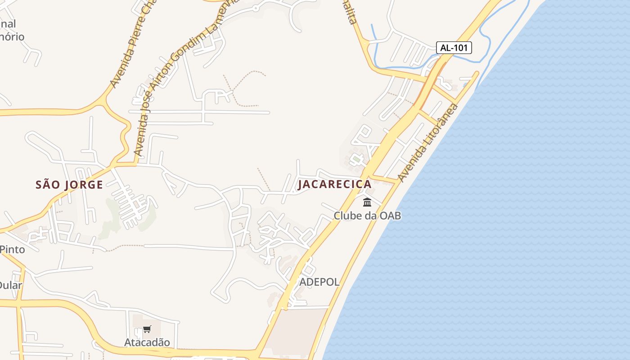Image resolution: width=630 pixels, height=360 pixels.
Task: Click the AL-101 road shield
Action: (454, 48)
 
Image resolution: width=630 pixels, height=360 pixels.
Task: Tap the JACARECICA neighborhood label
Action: (335, 184)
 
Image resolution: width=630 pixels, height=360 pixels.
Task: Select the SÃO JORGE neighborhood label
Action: (69, 184)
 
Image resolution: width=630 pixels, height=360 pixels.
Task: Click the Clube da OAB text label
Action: (367, 216)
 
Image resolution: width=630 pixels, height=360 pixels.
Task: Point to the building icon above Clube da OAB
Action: (367, 202)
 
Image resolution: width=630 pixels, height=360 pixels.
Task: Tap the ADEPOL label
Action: (319, 282)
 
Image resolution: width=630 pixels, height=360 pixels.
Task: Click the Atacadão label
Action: (147, 342)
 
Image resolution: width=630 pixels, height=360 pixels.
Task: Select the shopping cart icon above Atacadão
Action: (147, 329)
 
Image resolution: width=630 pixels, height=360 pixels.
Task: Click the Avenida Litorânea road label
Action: (427, 143)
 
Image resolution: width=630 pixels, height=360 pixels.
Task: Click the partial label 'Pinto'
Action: (12, 249)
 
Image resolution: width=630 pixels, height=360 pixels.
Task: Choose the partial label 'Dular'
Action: (10, 285)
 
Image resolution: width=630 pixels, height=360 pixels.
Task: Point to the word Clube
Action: (347, 216)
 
